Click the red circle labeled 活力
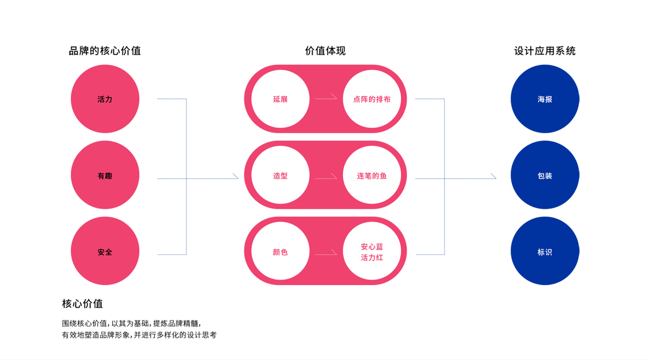pyautogui.click(x=105, y=99)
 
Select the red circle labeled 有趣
pyautogui.click(x=105, y=176)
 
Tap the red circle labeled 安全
pyautogui.click(x=105, y=252)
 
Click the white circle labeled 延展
pyautogui.click(x=280, y=99)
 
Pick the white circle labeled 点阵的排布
pyautogui.click(x=372, y=99)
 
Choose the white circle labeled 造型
pyautogui.click(x=280, y=176)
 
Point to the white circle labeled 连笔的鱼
pyautogui.click(x=372, y=176)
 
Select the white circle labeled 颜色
pyautogui.click(x=280, y=252)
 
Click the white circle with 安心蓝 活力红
pyautogui.click(x=372, y=252)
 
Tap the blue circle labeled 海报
pyautogui.click(x=545, y=99)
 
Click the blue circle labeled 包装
pyautogui.click(x=545, y=176)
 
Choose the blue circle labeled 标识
pyautogui.click(x=545, y=252)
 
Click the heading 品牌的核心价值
pyautogui.click(x=105, y=51)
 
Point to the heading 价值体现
pyautogui.click(x=325, y=51)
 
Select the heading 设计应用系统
pyautogui.click(x=545, y=51)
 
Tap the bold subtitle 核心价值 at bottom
pyautogui.click(x=82, y=304)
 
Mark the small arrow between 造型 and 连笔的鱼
pyautogui.click(x=326, y=178)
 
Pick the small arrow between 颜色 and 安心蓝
pyautogui.click(x=326, y=254)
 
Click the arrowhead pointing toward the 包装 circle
pyautogui.click(x=493, y=176)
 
